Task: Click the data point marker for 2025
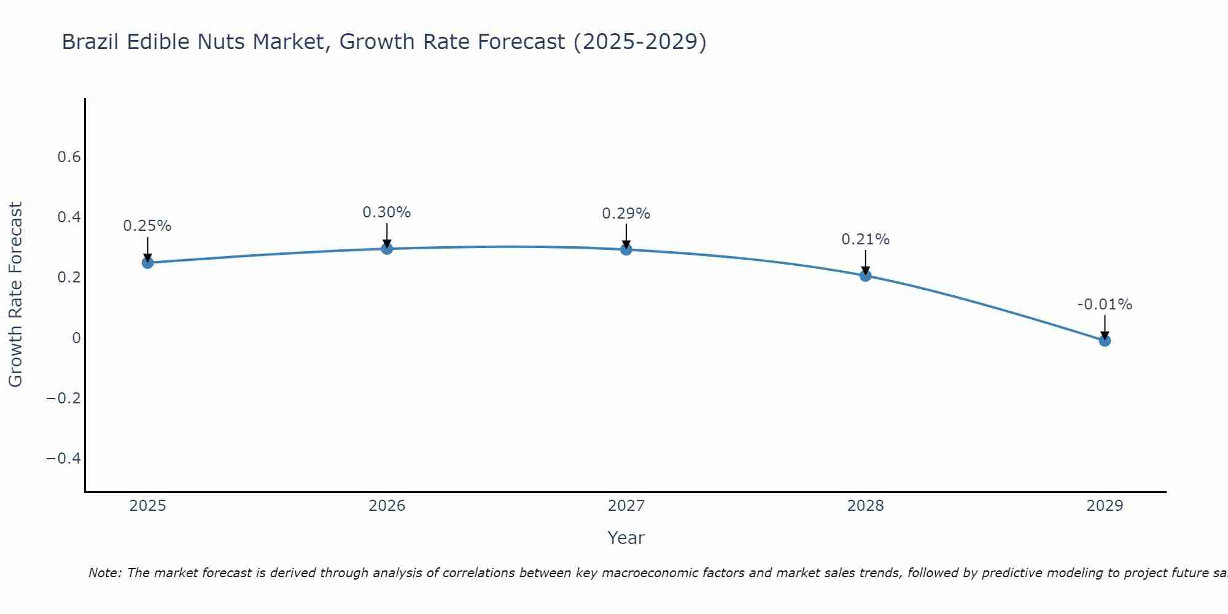[x=147, y=263]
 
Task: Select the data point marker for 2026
[x=387, y=249]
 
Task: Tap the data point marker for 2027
[x=626, y=249]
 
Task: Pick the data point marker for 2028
[x=865, y=276]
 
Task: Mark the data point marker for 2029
[x=1105, y=340]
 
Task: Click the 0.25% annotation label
[x=147, y=226]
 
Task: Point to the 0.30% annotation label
[x=387, y=212]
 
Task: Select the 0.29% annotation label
[x=626, y=214]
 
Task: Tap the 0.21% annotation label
[x=865, y=239]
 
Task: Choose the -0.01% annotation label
[x=1105, y=305]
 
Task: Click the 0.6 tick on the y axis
[x=69, y=157]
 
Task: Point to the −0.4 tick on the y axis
[x=63, y=459]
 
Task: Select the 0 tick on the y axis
[x=76, y=338]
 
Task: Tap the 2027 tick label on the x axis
[x=626, y=506]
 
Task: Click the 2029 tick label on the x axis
[x=1105, y=506]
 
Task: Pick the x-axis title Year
[x=626, y=538]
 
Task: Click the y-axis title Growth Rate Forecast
[x=15, y=294]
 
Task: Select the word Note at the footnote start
[x=105, y=573]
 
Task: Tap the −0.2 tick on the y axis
[x=63, y=398]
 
